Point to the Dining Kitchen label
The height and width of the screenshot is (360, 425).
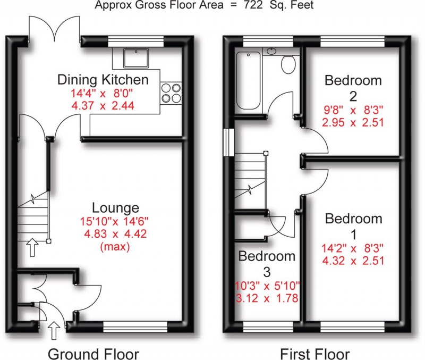tap(103, 80)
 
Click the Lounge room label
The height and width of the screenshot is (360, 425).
tap(115, 207)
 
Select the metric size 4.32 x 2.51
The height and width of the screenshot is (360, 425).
tap(353, 261)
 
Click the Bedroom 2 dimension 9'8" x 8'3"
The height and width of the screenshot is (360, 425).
tap(353, 111)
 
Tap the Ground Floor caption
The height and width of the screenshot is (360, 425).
tap(93, 353)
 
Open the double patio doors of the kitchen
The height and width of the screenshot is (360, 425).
tap(54, 29)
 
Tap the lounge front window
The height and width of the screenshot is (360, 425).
tap(134, 325)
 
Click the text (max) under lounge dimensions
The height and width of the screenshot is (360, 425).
tap(115, 247)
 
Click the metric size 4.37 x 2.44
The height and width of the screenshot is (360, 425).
tap(103, 105)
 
